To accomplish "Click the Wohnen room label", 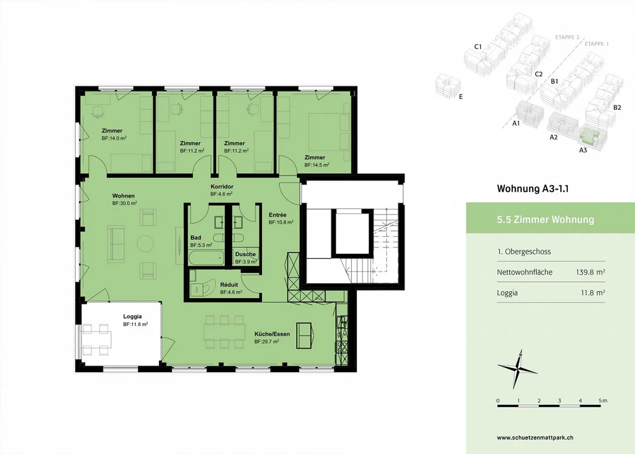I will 123,196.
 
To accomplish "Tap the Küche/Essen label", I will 272,334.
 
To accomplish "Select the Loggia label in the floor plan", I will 132,316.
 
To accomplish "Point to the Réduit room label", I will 229,285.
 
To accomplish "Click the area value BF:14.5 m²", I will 317,165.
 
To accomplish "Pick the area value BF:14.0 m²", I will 114,138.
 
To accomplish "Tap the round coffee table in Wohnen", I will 145,244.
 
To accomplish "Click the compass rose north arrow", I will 520,356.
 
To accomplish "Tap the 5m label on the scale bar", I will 602,401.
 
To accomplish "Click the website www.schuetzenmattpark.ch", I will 535,438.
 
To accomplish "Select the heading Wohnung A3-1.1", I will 532,189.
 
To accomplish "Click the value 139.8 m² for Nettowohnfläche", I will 590,272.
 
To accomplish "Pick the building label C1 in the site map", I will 478,46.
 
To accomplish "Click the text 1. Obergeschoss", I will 524,252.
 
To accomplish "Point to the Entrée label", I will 277,215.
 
